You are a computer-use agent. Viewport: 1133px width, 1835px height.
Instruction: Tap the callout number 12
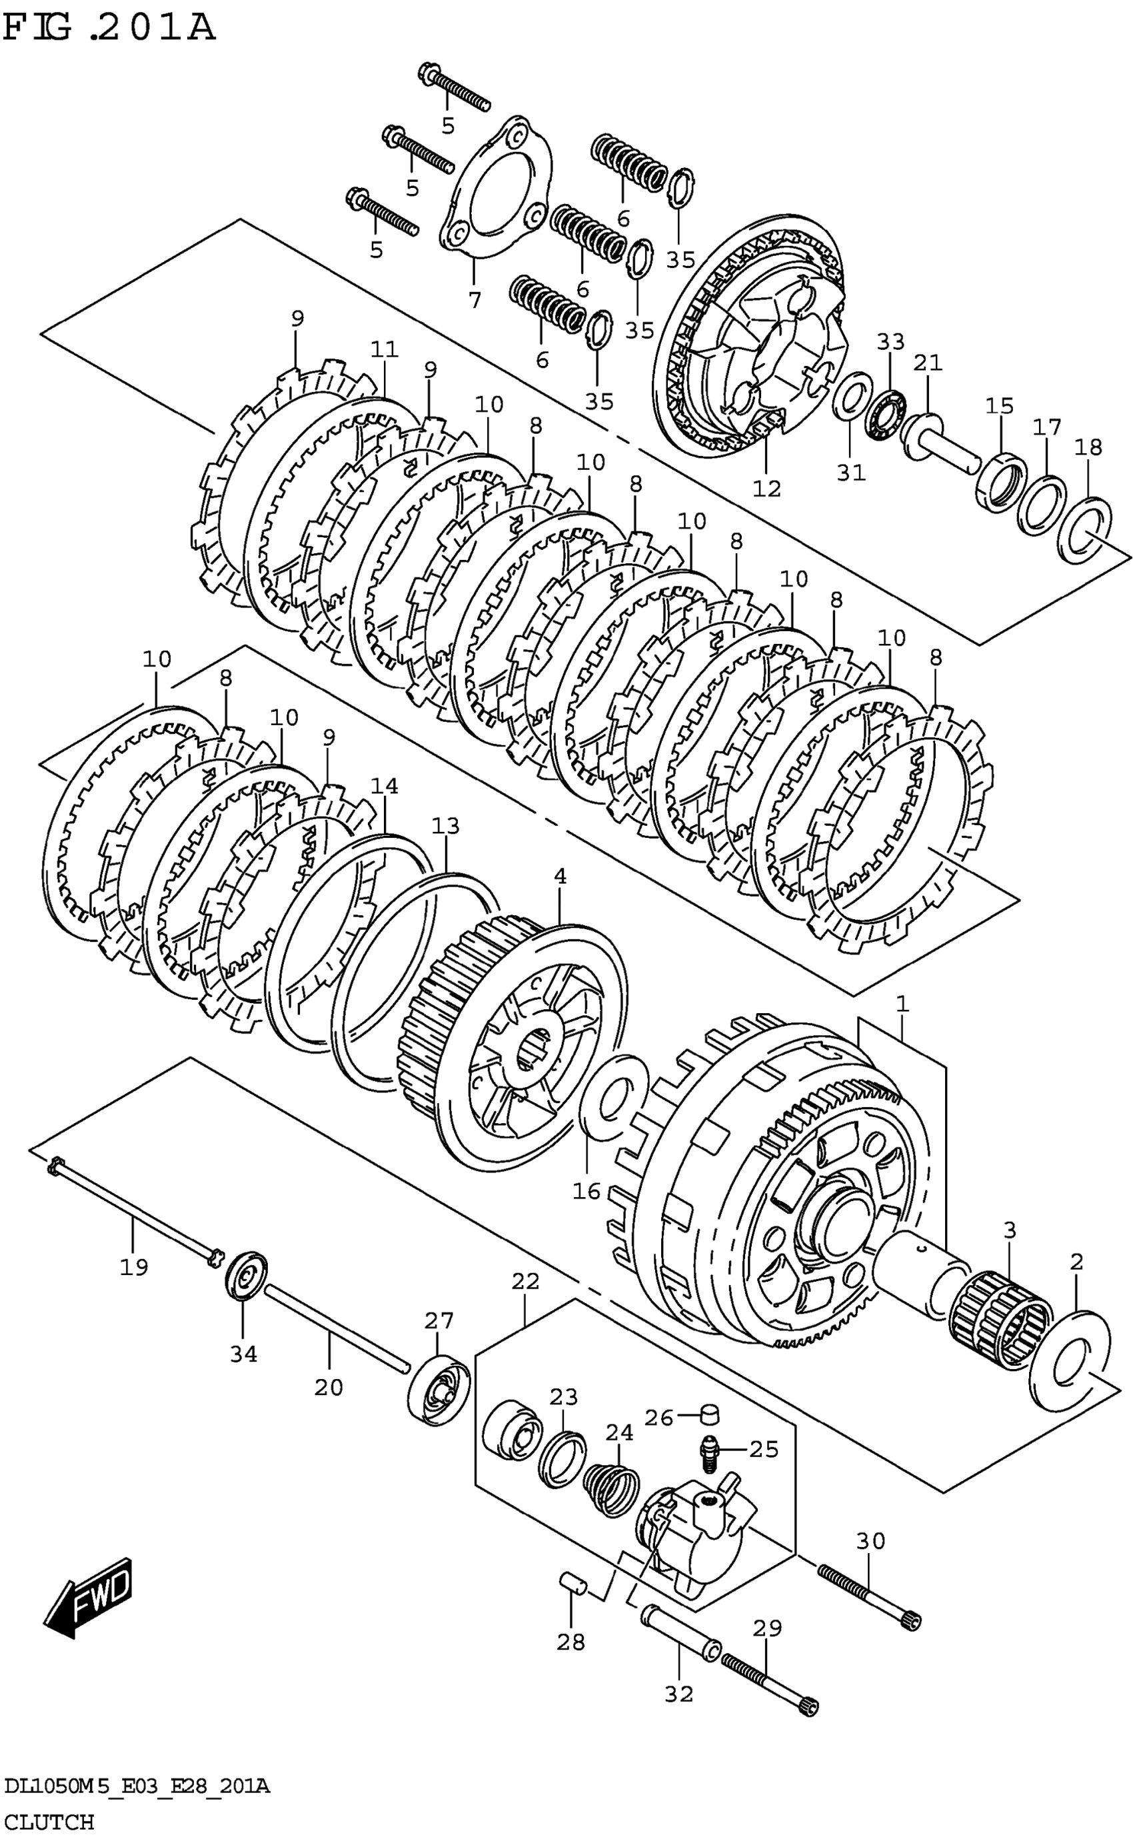coord(766,489)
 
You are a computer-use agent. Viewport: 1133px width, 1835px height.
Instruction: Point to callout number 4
coord(560,876)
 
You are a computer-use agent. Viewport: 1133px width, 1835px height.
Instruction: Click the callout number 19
coord(134,1267)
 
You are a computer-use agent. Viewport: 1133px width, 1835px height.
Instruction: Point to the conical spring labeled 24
coord(611,1487)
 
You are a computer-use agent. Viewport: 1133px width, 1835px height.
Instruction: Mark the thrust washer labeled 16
coord(614,1097)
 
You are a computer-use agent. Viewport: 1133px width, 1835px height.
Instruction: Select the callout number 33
coord(891,342)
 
